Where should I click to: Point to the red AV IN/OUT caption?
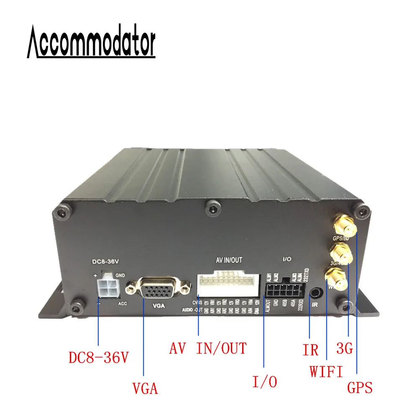pos(208,348)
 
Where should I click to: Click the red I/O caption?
pos(265,382)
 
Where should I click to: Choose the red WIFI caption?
pos(326,371)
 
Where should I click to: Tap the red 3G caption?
pos(348,348)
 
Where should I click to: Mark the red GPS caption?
pos(360,388)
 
